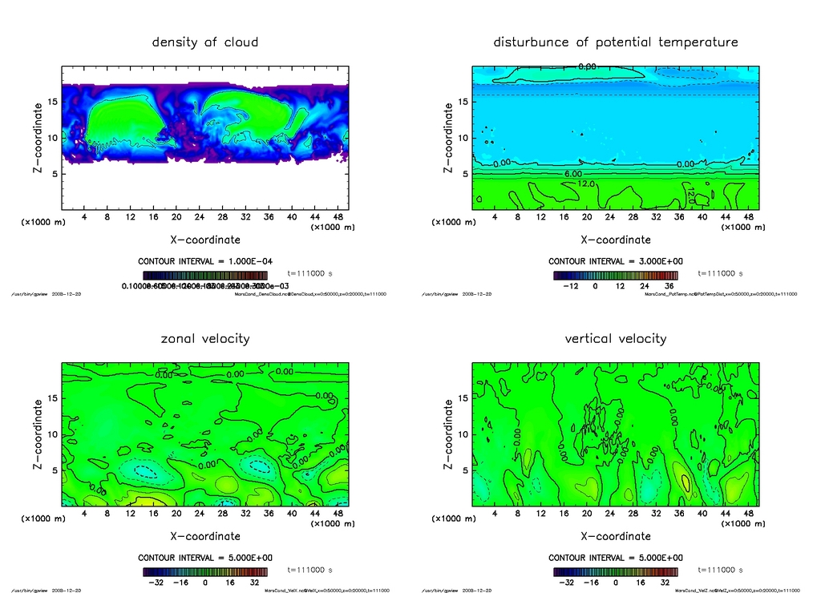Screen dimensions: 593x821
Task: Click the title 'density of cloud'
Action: point(205,42)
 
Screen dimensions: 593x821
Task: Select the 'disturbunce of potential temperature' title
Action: point(615,42)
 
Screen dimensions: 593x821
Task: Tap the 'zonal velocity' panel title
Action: point(205,338)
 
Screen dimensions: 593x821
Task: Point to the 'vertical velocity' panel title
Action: point(615,338)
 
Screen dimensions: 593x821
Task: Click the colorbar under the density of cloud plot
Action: point(205,274)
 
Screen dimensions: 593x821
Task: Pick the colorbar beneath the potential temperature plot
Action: point(615,274)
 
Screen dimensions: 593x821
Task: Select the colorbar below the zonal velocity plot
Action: point(205,571)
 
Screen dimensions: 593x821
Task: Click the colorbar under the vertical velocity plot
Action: point(615,571)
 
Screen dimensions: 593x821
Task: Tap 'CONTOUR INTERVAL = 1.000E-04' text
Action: point(205,261)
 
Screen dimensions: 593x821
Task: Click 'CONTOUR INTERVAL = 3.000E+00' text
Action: point(615,261)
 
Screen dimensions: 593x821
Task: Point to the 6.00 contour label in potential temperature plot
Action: point(573,173)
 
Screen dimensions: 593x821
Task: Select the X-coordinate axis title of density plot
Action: point(205,239)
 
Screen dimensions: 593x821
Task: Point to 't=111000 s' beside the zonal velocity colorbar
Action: point(309,571)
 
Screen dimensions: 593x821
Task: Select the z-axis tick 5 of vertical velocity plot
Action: point(463,470)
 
